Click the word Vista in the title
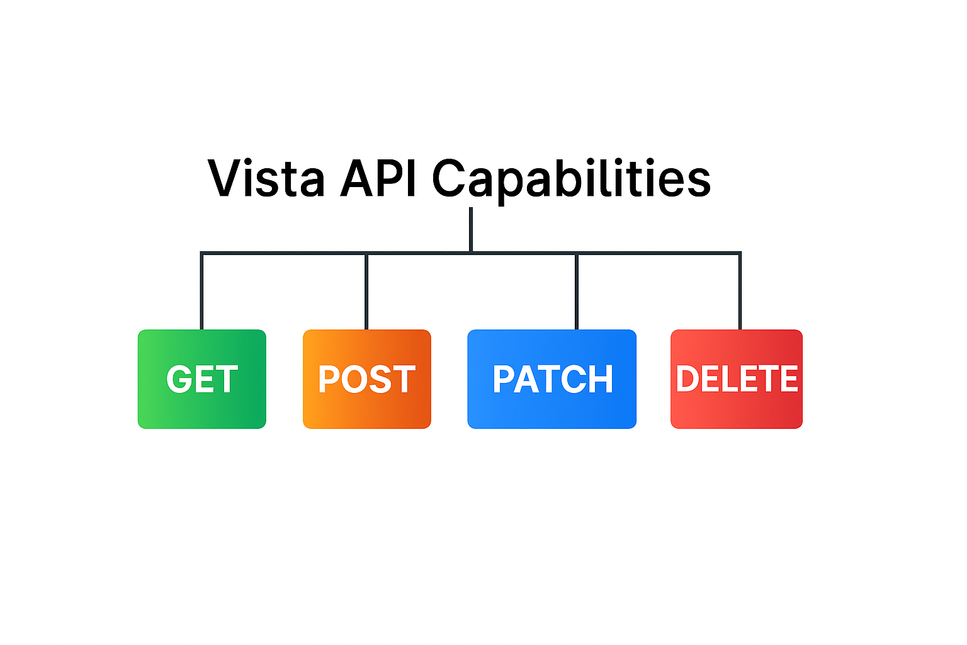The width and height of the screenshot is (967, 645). click(266, 178)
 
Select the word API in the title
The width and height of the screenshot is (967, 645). click(378, 178)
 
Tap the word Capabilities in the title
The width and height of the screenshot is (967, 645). click(571, 178)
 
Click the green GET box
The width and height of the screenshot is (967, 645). click(201, 379)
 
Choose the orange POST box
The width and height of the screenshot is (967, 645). click(366, 379)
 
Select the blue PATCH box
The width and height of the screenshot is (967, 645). click(551, 379)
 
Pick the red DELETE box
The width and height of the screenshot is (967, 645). click(736, 379)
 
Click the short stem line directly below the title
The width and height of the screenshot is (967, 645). click(471, 229)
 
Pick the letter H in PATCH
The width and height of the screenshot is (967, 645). click(600, 379)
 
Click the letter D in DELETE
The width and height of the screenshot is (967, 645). click(688, 379)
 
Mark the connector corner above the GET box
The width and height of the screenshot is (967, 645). click(201, 253)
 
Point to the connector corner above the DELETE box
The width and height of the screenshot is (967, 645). click(740, 253)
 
